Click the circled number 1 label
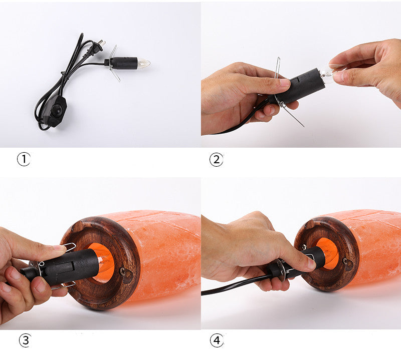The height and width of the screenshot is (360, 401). point(24,159)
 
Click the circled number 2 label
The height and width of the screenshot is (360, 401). point(216,160)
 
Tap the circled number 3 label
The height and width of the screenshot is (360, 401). point(26,340)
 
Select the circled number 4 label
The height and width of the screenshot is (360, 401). point(217,340)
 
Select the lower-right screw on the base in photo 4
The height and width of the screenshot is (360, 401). point(345,261)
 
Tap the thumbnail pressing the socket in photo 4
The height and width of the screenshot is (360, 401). point(311,263)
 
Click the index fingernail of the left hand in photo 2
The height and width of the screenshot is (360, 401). point(284,82)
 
